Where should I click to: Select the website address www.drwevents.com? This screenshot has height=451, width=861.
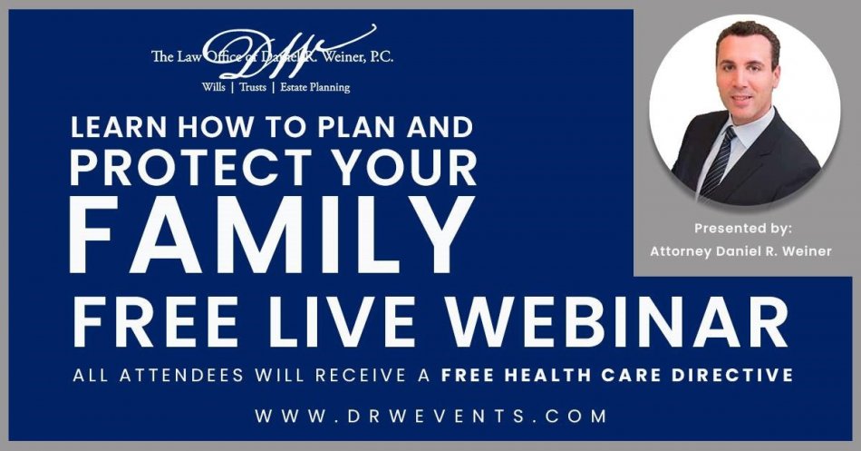(x=431, y=416)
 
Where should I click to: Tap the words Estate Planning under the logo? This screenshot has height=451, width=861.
(x=314, y=87)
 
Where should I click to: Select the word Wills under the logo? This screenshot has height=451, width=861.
(x=213, y=87)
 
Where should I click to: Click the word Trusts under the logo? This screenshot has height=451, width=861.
(x=253, y=87)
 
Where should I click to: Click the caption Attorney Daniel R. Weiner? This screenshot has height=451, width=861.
(x=740, y=251)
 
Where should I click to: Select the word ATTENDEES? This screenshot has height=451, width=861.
(x=182, y=375)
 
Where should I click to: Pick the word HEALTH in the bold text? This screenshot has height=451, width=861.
(x=551, y=375)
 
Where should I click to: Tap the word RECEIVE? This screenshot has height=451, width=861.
(x=360, y=375)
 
